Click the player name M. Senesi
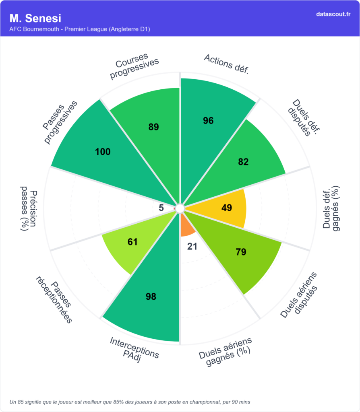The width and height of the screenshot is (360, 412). (x=35, y=19)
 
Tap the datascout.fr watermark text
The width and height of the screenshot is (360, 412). (x=333, y=14)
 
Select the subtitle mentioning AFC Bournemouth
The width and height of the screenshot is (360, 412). (x=80, y=29)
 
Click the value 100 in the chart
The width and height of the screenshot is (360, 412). (x=103, y=152)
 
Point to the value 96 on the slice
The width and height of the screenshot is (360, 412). (x=208, y=120)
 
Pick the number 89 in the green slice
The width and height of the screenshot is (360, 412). (x=153, y=127)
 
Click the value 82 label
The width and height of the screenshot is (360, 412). (x=243, y=162)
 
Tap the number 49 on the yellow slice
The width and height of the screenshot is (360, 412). (x=227, y=208)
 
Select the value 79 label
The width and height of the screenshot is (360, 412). (x=241, y=252)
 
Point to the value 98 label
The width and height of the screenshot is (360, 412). (x=151, y=297)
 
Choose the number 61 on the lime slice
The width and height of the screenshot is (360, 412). (x=132, y=242)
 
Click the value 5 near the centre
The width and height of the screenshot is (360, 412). (x=161, y=208)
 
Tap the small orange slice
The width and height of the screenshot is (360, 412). (x=187, y=227)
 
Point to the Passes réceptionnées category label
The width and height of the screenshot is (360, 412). (x=54, y=299)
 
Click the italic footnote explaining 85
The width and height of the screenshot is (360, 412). (x=130, y=402)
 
